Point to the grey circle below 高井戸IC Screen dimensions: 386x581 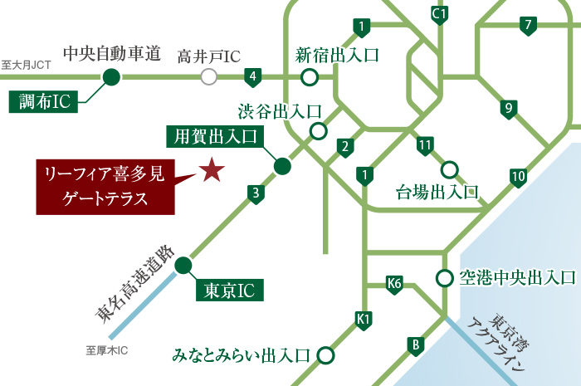[x=209, y=77]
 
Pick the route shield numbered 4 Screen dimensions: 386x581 [x=253, y=79]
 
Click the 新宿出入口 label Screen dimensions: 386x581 [x=337, y=56]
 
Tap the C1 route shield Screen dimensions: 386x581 [x=440, y=15]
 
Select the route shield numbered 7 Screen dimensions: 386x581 [x=527, y=25]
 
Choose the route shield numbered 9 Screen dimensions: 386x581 [x=508, y=109]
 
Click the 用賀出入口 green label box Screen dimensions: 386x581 [x=213, y=136]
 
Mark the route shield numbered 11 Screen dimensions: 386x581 [x=426, y=145]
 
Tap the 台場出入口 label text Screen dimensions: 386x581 [x=437, y=193]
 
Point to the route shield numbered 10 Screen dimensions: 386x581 [x=518, y=176]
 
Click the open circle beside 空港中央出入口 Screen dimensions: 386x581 [x=445, y=278]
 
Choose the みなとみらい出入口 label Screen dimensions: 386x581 [x=241, y=355]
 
